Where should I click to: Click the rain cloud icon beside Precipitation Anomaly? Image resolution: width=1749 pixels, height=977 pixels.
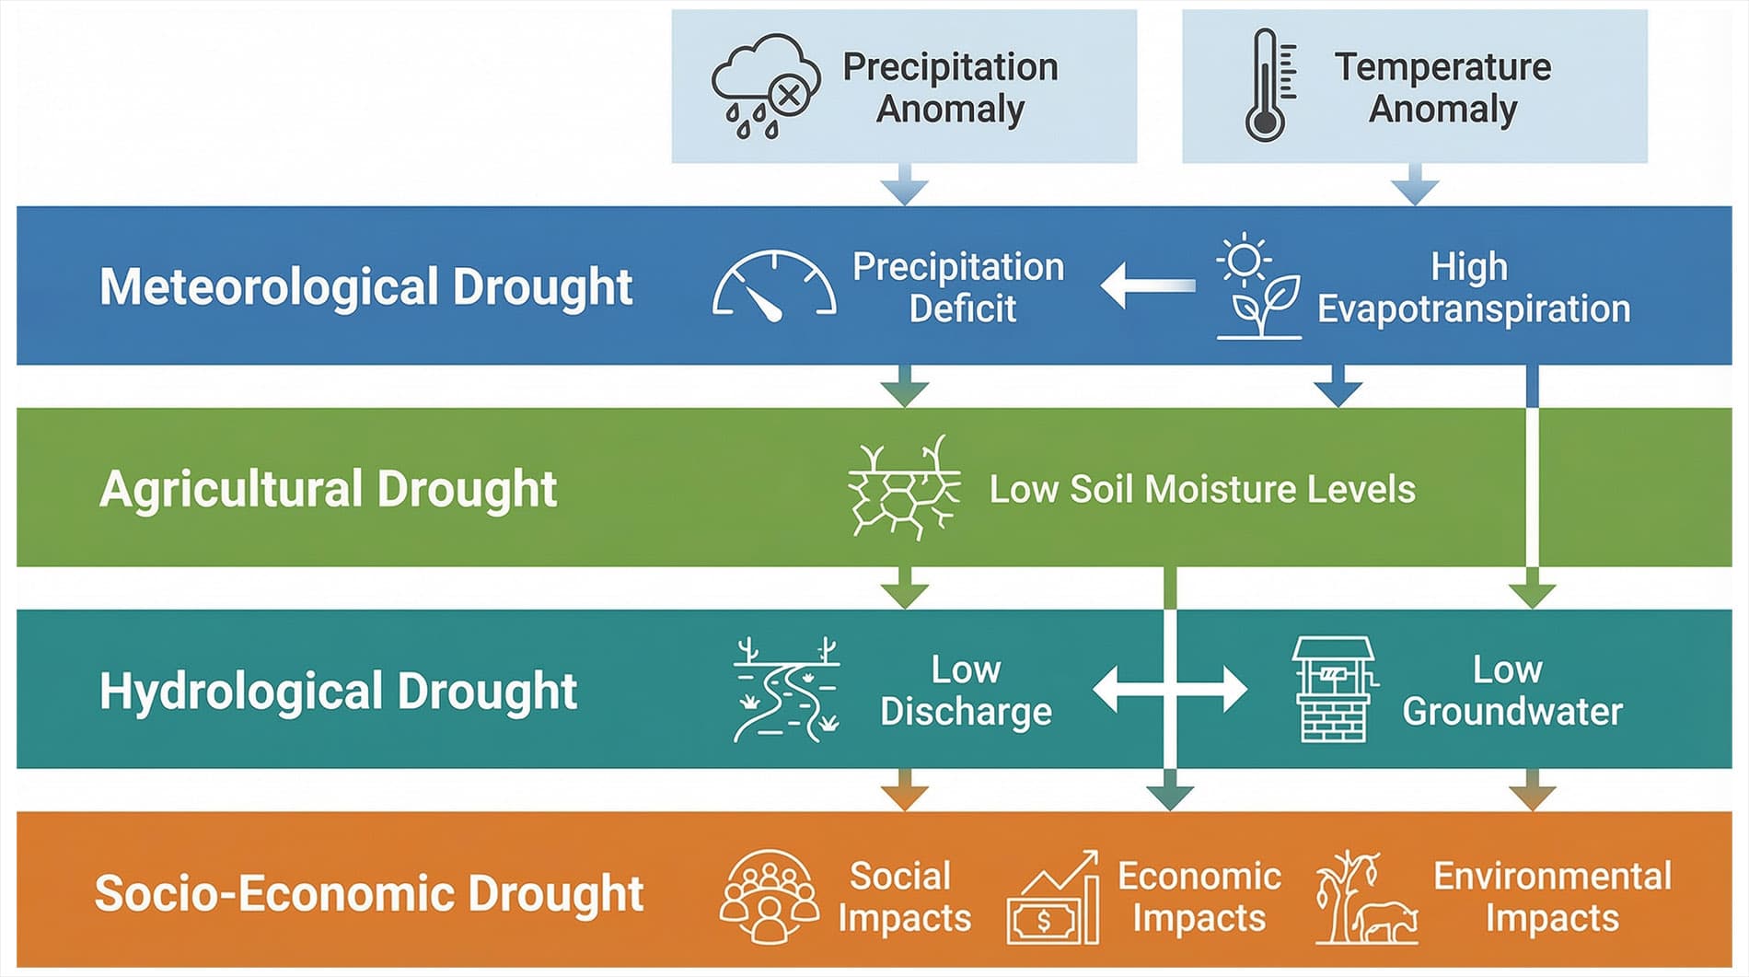click(766, 87)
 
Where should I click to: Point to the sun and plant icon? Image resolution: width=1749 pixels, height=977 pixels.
click(1258, 286)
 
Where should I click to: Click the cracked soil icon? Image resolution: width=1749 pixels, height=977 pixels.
click(904, 487)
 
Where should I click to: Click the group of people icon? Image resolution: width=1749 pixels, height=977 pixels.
click(770, 897)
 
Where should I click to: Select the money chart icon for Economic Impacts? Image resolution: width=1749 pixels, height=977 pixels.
click(1053, 897)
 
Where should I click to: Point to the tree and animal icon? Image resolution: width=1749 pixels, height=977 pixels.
click(1366, 897)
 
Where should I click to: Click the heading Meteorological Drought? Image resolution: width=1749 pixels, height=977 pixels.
click(365, 286)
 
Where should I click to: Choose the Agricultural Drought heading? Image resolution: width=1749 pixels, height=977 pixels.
click(328, 488)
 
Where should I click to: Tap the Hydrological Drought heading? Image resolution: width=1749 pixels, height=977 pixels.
click(338, 691)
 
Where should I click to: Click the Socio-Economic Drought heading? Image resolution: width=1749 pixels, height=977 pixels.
click(369, 893)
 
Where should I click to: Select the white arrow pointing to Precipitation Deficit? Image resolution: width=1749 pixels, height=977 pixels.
click(1148, 285)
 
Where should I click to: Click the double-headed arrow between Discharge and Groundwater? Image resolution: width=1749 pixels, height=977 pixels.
click(1170, 689)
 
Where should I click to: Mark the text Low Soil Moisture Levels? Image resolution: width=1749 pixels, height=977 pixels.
click(1202, 489)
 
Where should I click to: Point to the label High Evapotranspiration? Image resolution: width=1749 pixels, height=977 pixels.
click(1474, 287)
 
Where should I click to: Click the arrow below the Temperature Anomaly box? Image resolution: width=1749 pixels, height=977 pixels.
click(1415, 184)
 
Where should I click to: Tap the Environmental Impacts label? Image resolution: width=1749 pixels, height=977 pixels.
click(1552, 897)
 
